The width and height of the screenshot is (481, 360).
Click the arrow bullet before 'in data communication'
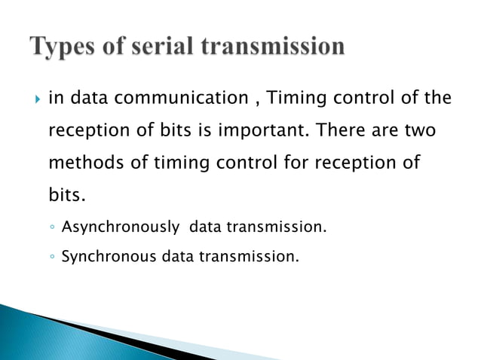click(32, 98)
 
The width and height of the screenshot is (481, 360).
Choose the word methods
click(83, 163)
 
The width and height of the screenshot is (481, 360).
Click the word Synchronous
click(109, 257)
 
